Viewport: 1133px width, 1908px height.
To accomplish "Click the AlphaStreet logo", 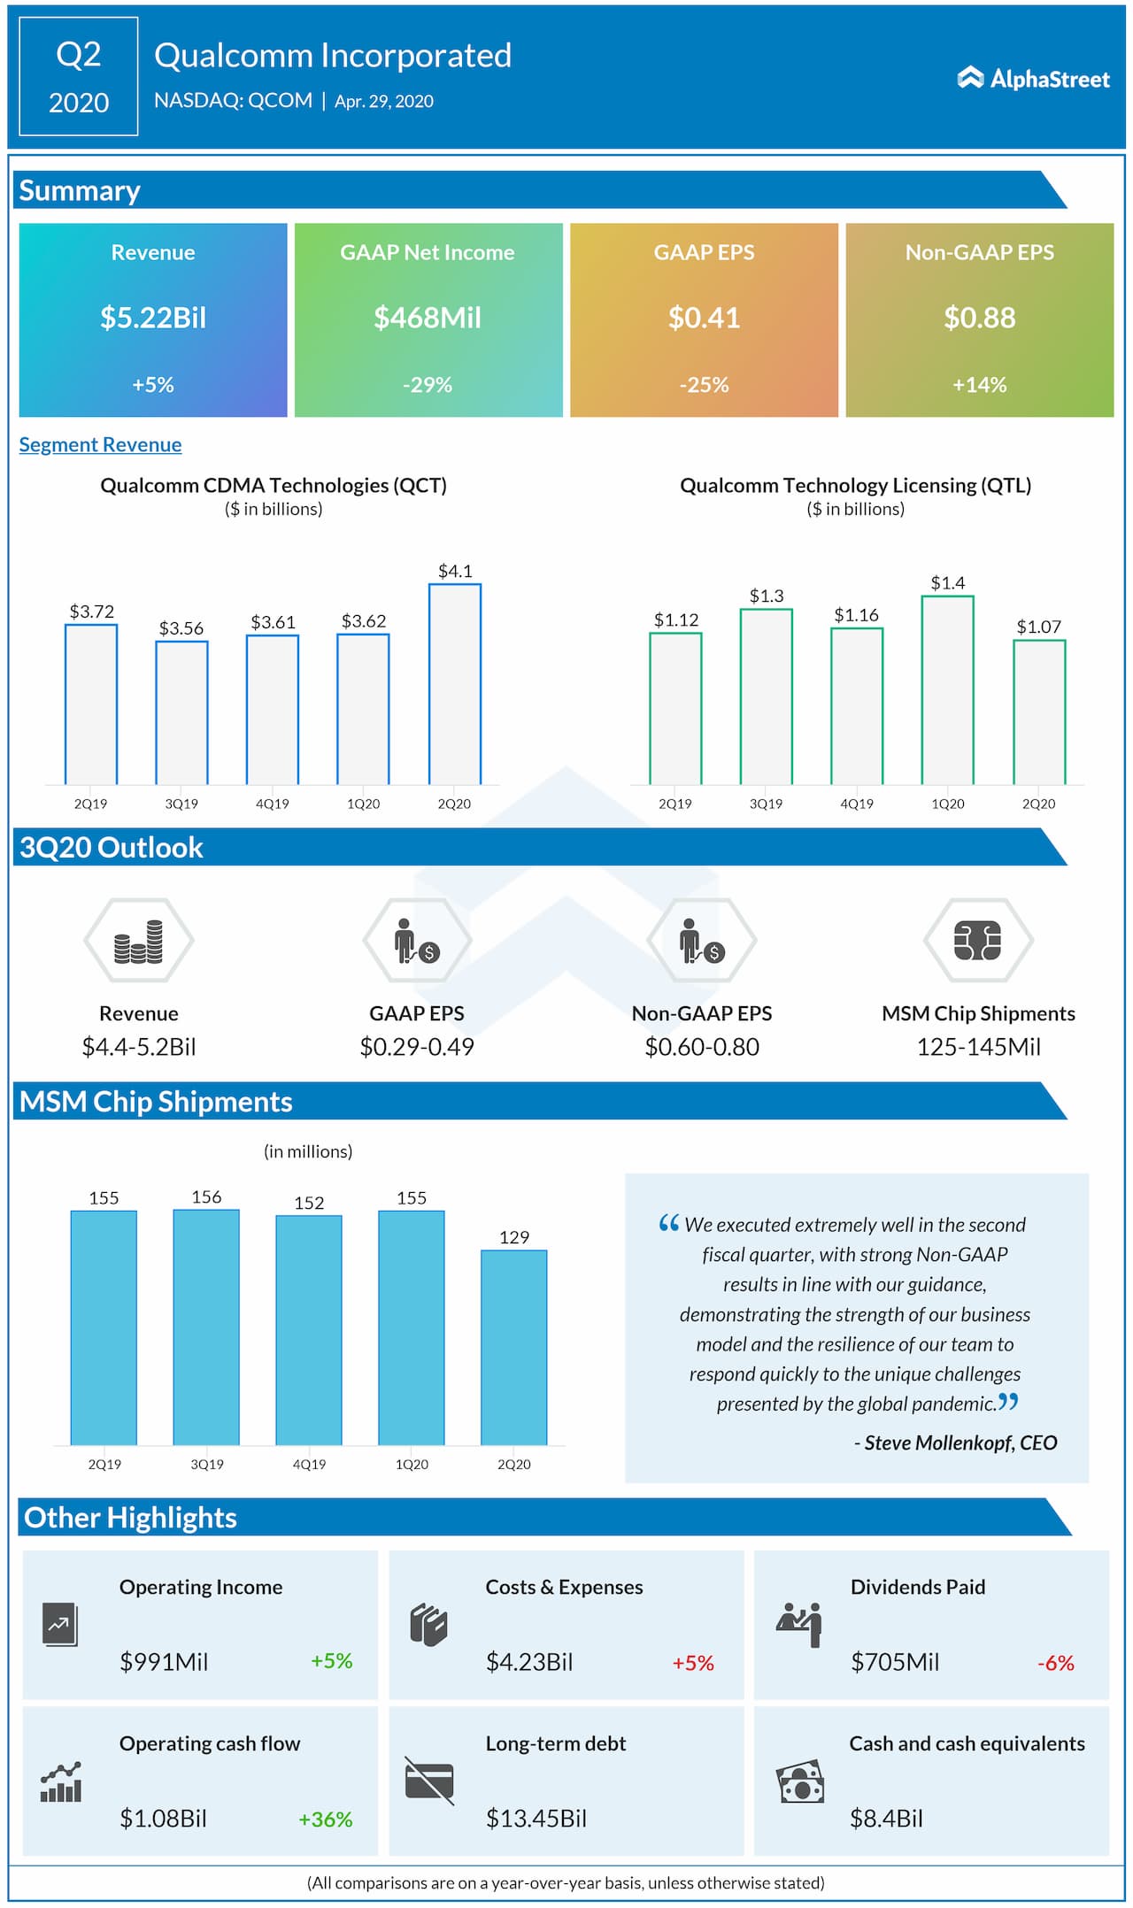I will click(x=1033, y=79).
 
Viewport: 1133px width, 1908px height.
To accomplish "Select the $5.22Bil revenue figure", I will click(x=153, y=318).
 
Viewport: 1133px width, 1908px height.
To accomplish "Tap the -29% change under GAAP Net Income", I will click(x=428, y=385).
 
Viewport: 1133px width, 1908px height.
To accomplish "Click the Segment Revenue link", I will click(x=100, y=444).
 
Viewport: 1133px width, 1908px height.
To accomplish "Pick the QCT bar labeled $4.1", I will click(x=455, y=683).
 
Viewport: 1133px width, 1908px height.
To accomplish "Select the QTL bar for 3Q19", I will click(x=766, y=696).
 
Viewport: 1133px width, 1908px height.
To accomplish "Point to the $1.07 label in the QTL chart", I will click(x=1038, y=627).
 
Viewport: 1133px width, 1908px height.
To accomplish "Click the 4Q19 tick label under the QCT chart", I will click(x=273, y=804).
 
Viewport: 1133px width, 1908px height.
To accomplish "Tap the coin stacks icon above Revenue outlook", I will click(x=139, y=941).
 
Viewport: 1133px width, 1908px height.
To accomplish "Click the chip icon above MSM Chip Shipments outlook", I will click(x=978, y=941).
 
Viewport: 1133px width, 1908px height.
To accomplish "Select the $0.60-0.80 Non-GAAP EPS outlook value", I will click(x=702, y=1047).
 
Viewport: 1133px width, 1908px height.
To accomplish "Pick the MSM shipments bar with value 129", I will click(x=514, y=1346).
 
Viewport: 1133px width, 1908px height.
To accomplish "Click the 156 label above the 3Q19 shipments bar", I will click(x=206, y=1196).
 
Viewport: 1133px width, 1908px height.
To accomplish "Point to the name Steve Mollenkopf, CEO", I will click(x=960, y=1443).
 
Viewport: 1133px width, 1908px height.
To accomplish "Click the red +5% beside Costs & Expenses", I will click(x=693, y=1663).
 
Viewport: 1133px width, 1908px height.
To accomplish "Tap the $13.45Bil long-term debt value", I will click(x=536, y=1819).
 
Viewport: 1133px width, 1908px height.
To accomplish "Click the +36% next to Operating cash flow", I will click(x=326, y=1820).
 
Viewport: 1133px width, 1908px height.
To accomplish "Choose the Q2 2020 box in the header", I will click(x=79, y=77).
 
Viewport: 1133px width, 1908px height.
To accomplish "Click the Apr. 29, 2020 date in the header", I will click(x=384, y=102).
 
